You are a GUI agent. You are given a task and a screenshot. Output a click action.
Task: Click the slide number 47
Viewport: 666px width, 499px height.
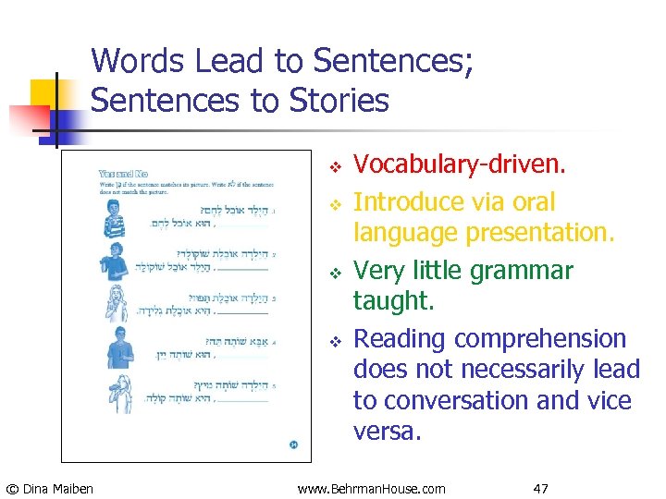542,488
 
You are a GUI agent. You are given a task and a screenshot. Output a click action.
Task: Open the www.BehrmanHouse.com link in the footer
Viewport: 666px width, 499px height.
371,488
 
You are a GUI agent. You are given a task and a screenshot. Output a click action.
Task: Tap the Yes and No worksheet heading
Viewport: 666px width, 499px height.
122,173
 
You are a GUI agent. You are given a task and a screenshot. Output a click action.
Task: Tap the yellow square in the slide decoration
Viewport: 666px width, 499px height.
44,92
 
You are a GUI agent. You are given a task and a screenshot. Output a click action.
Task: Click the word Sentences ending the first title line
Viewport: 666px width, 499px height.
380,61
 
